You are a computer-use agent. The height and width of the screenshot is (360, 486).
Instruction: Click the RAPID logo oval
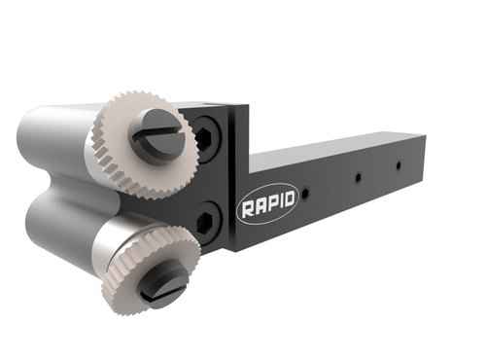point(267,205)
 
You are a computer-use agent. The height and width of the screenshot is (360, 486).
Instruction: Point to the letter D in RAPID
point(288,202)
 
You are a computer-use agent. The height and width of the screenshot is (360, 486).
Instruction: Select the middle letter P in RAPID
point(268,205)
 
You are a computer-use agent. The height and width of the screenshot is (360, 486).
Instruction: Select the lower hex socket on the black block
point(205,221)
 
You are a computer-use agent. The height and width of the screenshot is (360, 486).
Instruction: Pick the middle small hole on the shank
point(358,177)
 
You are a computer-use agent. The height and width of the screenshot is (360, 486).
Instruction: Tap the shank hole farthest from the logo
point(398,165)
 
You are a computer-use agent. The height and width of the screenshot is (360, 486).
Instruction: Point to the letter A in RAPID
point(258,206)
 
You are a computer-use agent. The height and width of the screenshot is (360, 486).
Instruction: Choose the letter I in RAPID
point(278,204)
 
